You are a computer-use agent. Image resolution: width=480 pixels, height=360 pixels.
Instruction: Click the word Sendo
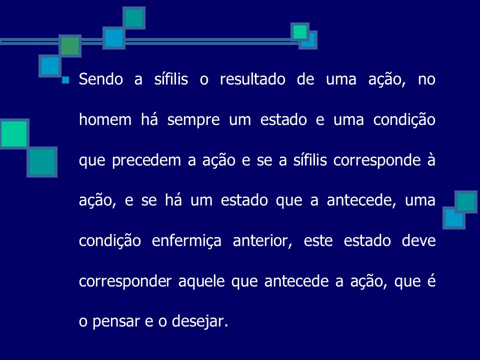(100, 80)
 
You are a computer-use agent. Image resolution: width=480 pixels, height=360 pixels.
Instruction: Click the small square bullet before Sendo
(65, 80)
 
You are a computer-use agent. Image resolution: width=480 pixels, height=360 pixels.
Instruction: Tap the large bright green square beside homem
(14, 133)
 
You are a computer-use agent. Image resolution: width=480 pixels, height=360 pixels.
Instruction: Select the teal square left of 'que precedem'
(41, 162)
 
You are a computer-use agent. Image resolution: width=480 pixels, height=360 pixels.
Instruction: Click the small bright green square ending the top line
(300, 32)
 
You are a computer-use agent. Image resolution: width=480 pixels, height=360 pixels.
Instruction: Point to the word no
(426, 80)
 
